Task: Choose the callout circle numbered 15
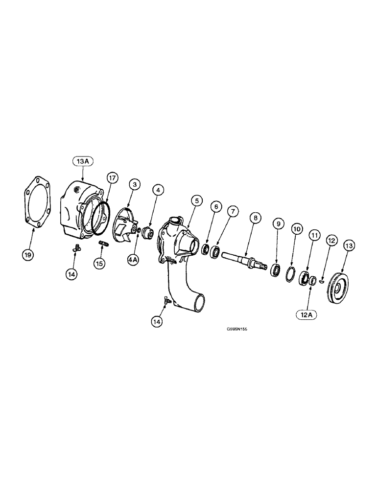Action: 100,263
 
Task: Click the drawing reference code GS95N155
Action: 237,330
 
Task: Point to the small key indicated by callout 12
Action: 321,281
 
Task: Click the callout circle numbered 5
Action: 196,200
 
